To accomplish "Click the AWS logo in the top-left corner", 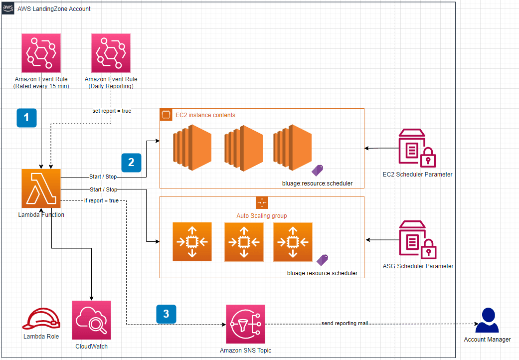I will coord(8,8).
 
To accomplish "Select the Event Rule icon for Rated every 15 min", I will coord(41,53).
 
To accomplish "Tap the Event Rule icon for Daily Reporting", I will coord(111,53).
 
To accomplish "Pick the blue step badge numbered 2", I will coord(131,162).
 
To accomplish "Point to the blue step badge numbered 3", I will coord(166,314).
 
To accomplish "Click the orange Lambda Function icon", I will coord(41,188).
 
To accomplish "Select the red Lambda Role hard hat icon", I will coord(41,319).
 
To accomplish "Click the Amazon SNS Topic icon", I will coord(245,324).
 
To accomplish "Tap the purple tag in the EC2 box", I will coord(318,171).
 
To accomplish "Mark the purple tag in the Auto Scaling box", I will coord(323,260).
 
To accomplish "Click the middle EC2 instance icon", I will coord(243,148).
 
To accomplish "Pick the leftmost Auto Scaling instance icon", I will coord(192,242).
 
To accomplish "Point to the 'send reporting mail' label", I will coord(345,324).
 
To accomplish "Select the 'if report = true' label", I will coord(101,200).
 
